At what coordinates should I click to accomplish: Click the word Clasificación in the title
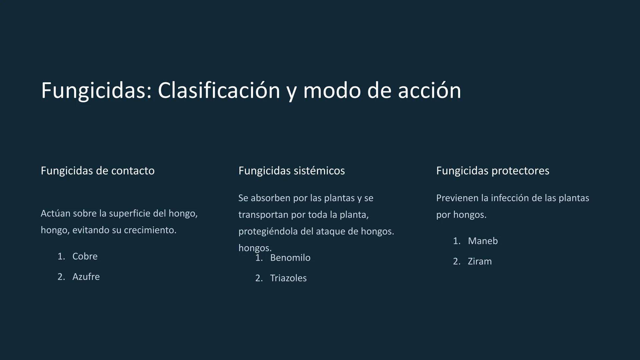pos(219,91)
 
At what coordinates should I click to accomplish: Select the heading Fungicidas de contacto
pos(98,171)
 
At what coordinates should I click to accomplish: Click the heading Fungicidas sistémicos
pos(292,171)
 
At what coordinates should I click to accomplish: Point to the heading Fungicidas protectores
pos(493,171)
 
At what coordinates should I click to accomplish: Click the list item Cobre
pos(85,256)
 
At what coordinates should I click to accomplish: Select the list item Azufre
pos(86,277)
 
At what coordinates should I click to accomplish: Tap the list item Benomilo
pos(290,258)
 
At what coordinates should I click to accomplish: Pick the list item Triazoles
pos(288,278)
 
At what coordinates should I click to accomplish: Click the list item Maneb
pos(483,241)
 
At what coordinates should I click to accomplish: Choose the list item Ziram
pos(480,261)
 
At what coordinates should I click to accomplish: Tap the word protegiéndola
pos(268,231)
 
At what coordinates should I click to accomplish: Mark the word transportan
pos(263,215)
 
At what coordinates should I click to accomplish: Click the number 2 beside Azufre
pos(61,277)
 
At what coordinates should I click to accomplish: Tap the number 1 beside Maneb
pos(456,241)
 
